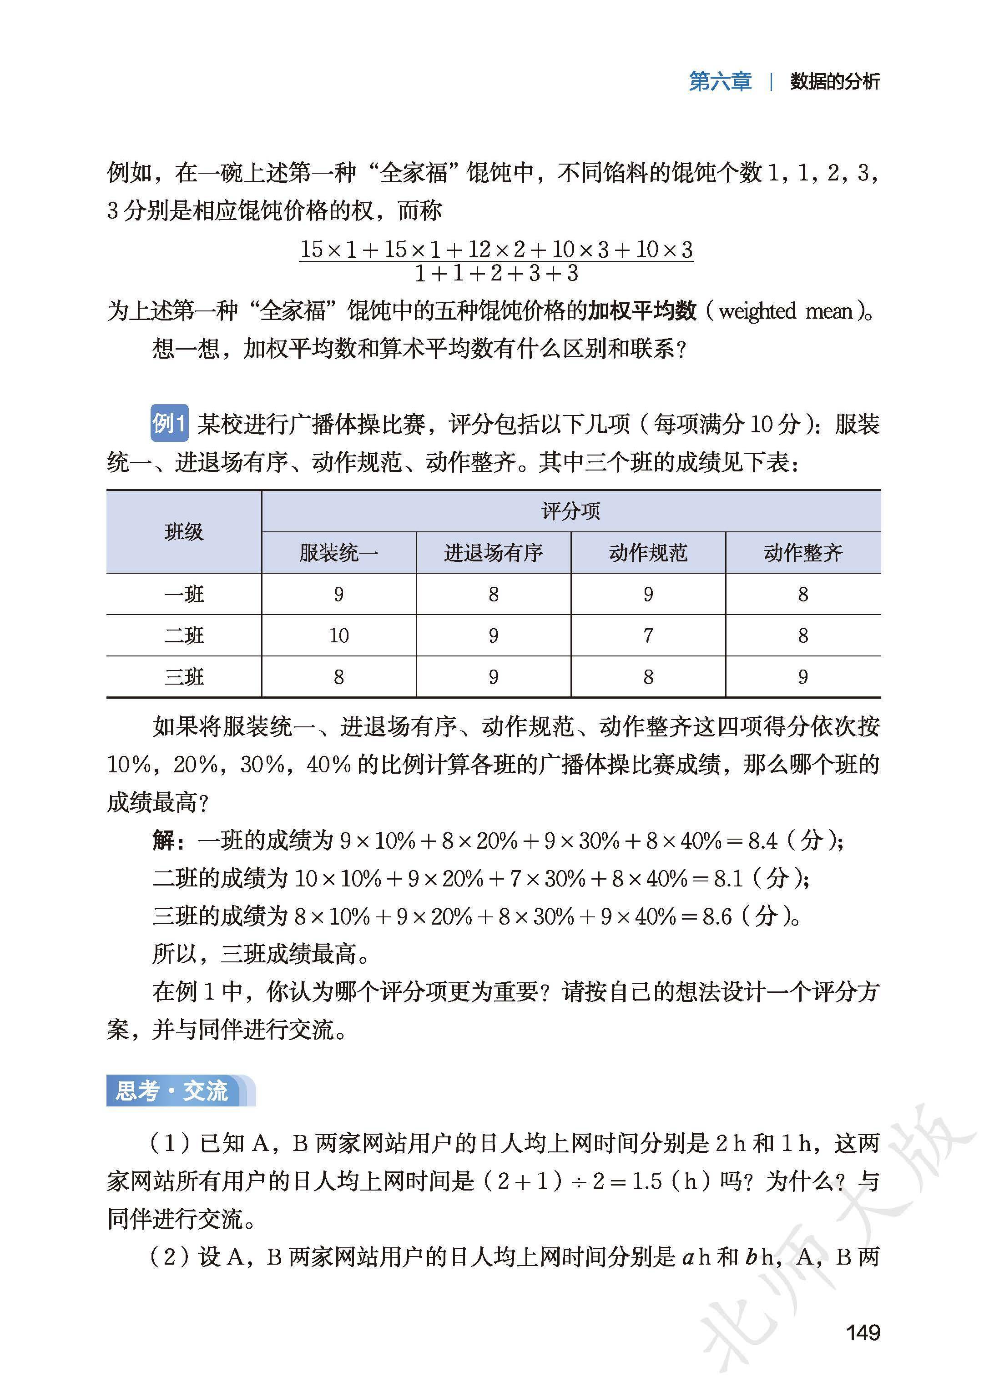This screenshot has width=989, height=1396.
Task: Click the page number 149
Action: point(863,1333)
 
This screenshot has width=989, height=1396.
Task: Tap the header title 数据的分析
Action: point(835,81)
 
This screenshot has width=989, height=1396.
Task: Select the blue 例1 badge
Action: point(169,423)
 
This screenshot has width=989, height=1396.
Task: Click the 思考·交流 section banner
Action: point(173,1091)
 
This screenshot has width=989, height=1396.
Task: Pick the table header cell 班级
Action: point(183,532)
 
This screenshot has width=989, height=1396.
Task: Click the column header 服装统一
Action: point(338,553)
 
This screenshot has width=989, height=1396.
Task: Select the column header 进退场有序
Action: point(493,553)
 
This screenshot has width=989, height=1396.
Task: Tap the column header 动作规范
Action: point(648,553)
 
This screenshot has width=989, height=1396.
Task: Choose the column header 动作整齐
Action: point(802,553)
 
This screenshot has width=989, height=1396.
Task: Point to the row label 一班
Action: point(183,594)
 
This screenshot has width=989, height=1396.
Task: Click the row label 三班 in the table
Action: point(183,677)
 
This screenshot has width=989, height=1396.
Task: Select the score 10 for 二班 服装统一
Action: point(338,635)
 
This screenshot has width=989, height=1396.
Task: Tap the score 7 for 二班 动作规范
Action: point(648,635)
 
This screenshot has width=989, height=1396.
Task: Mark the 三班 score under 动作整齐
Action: point(802,677)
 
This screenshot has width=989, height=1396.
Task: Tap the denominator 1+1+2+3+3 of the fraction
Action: point(496,274)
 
